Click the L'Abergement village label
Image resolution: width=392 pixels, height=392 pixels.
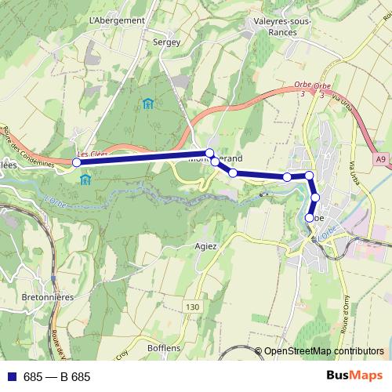[x=118, y=20]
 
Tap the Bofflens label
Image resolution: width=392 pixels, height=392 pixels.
[x=163, y=347]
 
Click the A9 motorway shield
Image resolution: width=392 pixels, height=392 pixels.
[x=380, y=160]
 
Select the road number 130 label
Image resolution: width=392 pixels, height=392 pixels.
[x=194, y=306]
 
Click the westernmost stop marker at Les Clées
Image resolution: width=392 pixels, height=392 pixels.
[x=77, y=162]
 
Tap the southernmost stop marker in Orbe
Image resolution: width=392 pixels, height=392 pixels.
[x=310, y=217]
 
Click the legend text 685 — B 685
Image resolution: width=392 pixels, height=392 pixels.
[x=57, y=377]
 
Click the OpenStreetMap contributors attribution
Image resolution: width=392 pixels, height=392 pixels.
[x=324, y=351]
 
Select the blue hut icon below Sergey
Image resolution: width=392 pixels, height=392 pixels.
[x=147, y=103]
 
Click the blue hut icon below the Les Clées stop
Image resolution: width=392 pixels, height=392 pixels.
[x=85, y=180]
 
